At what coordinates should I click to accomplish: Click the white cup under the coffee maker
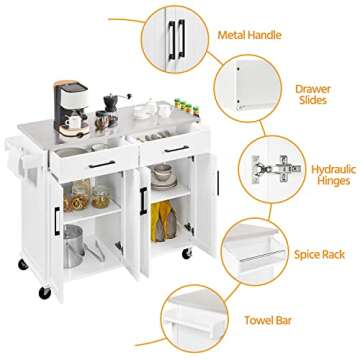(72, 123)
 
